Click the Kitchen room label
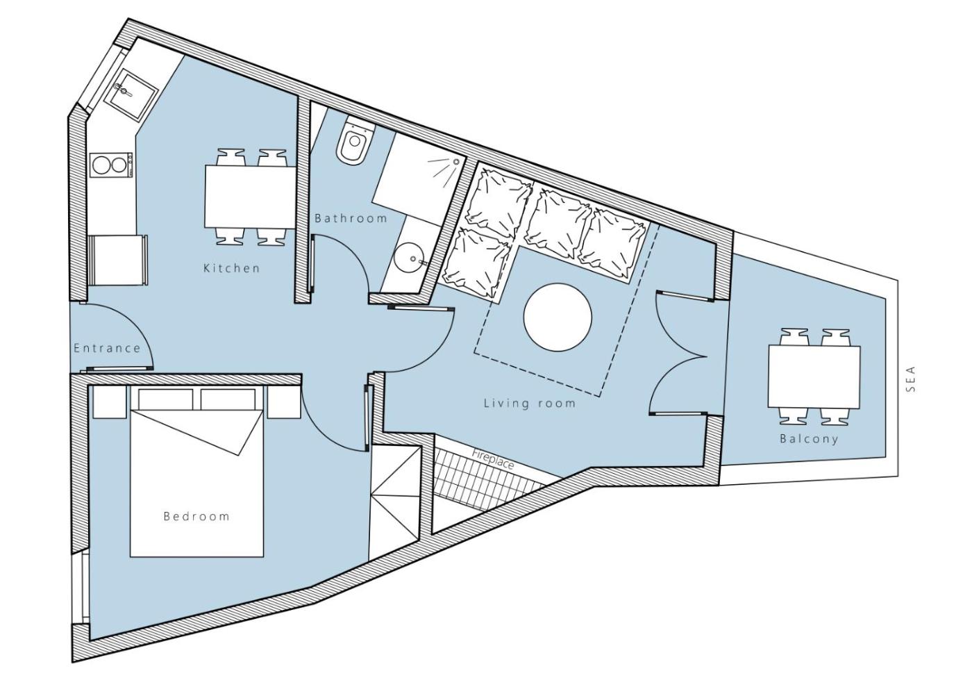click(x=232, y=268)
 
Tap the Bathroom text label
click(x=351, y=218)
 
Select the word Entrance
click(x=107, y=348)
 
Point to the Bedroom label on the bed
click(x=196, y=516)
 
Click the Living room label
click(x=530, y=403)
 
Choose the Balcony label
click(x=809, y=438)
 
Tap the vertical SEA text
click(x=911, y=379)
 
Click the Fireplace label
click(x=493, y=459)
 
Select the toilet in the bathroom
click(x=355, y=142)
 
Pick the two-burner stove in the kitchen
click(x=111, y=165)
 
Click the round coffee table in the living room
click(x=558, y=317)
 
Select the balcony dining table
click(x=814, y=376)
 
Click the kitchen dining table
click(x=251, y=197)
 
